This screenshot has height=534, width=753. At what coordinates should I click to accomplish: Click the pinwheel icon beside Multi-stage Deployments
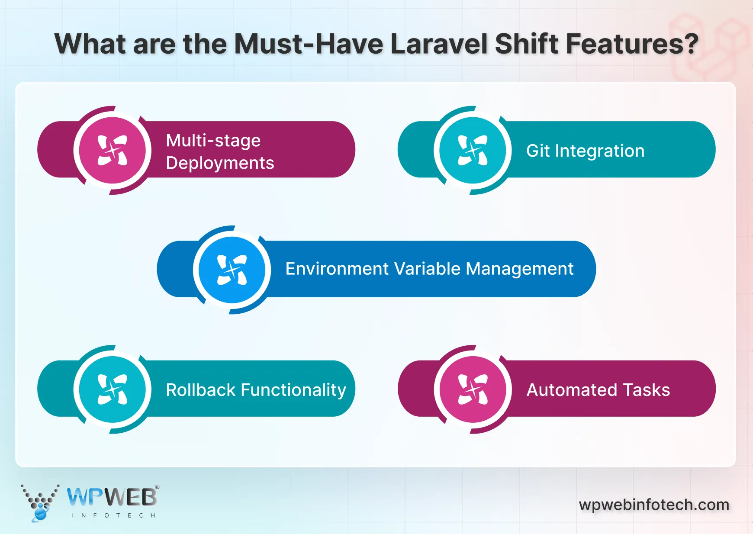[113, 150]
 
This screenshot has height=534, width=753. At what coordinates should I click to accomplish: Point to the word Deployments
[220, 164]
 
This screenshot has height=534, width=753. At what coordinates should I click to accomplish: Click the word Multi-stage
[213, 141]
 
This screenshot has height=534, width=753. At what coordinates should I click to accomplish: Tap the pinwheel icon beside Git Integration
[473, 150]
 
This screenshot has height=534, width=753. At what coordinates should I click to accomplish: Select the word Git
[538, 151]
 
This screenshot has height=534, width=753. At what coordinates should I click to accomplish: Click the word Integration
[600, 151]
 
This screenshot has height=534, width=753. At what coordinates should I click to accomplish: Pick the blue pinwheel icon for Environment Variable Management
[232, 270]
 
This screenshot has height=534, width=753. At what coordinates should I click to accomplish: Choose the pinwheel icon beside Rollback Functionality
[113, 389]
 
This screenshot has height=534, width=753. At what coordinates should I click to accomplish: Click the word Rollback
[200, 390]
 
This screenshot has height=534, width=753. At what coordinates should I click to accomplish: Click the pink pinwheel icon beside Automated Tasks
[473, 389]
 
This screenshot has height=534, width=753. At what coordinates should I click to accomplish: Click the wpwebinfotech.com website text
[654, 505]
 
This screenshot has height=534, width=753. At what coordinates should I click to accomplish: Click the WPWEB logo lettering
[112, 497]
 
